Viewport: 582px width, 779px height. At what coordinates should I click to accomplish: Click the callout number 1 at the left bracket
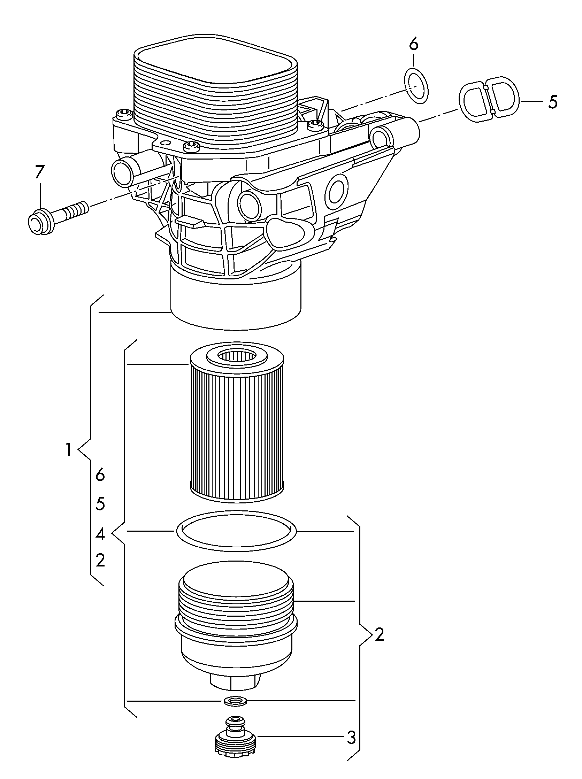[x=69, y=450]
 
